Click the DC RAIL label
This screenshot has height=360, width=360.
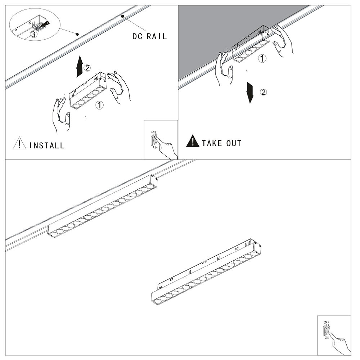click(x=148, y=37)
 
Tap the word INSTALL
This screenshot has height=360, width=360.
click(x=47, y=146)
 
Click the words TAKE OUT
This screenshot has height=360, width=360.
click(x=221, y=143)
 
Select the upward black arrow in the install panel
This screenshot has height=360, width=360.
click(x=78, y=68)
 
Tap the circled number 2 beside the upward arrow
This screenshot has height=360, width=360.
click(x=87, y=67)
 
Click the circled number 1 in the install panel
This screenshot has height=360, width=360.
click(x=100, y=105)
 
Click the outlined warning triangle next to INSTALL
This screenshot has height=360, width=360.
click(x=17, y=144)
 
